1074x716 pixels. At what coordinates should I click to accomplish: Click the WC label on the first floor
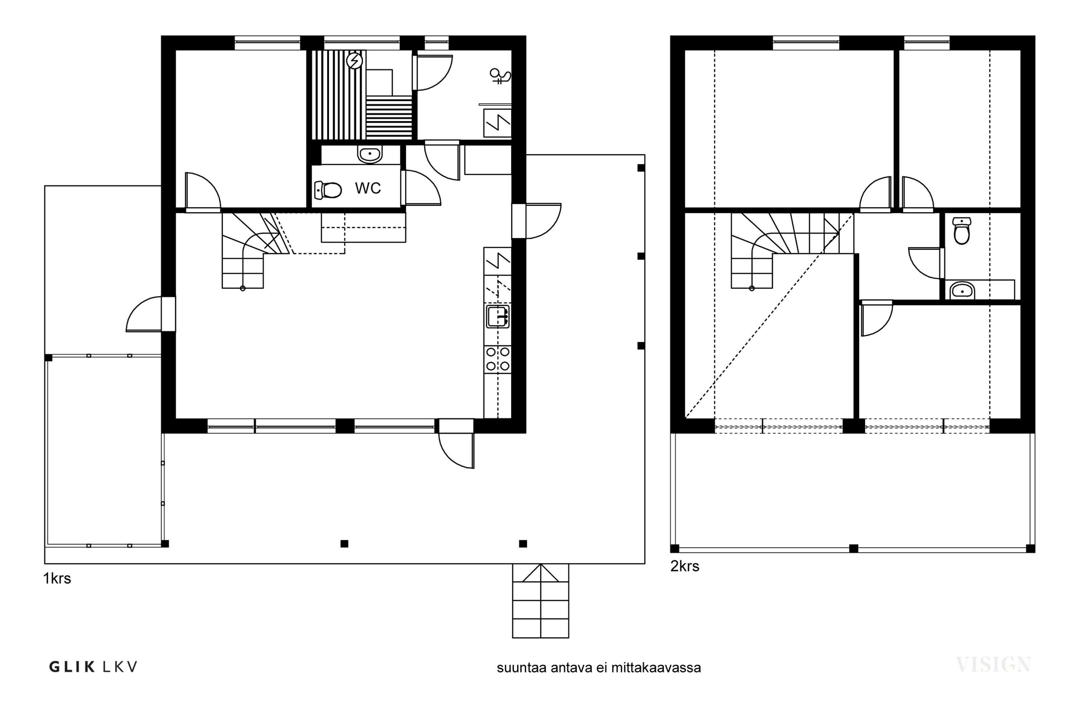(368, 188)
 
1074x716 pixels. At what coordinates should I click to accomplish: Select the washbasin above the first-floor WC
(369, 155)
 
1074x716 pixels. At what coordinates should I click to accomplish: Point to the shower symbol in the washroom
(500, 76)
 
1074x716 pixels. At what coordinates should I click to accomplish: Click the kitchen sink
(498, 316)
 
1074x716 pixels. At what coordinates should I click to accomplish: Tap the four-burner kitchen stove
(498, 359)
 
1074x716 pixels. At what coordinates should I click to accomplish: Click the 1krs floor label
(57, 579)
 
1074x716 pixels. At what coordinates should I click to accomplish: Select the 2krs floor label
(684, 566)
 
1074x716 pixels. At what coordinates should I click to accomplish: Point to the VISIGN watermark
(993, 664)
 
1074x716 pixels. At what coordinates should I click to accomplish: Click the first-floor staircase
(256, 250)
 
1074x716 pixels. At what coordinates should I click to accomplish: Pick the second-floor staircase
(785, 250)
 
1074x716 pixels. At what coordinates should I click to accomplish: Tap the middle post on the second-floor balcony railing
(853, 548)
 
